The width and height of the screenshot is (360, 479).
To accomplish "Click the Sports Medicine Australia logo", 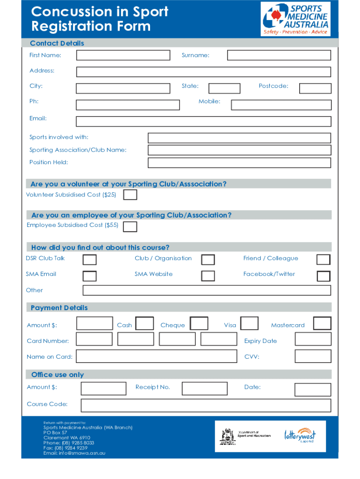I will (295, 19).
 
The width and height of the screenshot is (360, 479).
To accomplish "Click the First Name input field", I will (123, 56).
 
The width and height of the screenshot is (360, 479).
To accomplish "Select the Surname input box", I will (279, 56).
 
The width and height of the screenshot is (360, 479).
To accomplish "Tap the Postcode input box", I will (315, 88).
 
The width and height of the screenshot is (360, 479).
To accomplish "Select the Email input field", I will (203, 122).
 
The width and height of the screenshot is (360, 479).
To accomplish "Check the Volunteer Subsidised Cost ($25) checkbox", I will (130, 195).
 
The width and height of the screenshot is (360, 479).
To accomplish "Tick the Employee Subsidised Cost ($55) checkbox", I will (130, 226).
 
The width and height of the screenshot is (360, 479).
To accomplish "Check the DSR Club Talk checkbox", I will (90, 260).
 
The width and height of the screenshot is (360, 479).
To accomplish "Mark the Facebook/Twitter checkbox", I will (323, 276).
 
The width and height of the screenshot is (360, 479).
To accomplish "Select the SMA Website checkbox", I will (208, 276).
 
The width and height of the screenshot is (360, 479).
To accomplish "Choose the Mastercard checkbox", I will (322, 324).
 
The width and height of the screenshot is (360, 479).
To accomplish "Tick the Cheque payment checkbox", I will (200, 324).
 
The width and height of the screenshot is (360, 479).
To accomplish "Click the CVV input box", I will (313, 356).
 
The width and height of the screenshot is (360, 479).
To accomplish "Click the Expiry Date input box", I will (313, 339).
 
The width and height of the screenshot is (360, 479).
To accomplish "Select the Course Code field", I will (206, 405).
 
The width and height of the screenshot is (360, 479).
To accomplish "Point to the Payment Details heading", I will (59, 308).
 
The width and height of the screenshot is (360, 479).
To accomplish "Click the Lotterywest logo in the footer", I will (300, 435).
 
